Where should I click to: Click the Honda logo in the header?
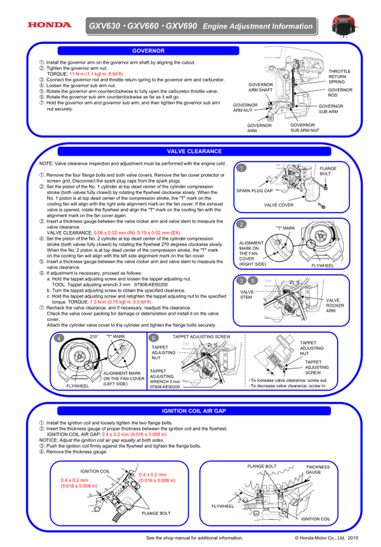coord(48,25)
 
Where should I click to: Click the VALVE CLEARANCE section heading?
coord(194,151)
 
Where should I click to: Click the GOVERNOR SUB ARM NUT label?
coord(305,127)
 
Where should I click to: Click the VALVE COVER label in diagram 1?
coord(278,205)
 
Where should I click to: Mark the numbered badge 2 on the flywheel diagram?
coord(242,225)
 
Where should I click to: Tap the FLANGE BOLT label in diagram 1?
coord(328,170)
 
